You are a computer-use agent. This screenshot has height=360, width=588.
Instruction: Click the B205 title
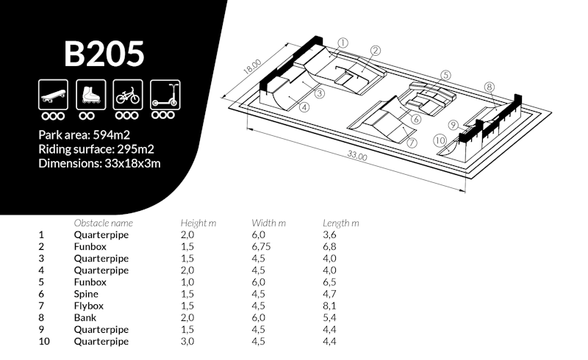(x=104, y=54)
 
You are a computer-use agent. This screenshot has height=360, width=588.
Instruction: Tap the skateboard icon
(x=53, y=95)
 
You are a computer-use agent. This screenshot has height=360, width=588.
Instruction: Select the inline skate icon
(x=90, y=95)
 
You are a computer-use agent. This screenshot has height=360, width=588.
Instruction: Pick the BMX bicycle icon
(x=128, y=95)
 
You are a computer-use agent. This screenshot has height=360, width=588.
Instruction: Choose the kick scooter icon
(x=165, y=95)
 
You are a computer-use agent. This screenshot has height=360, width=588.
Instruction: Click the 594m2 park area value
(x=112, y=135)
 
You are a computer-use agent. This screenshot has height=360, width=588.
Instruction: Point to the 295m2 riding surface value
(x=135, y=149)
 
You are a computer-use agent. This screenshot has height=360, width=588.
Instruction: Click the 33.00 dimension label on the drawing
(x=356, y=155)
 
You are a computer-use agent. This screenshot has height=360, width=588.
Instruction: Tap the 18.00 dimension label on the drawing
(x=252, y=68)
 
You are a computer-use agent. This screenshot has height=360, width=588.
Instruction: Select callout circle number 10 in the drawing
(x=440, y=140)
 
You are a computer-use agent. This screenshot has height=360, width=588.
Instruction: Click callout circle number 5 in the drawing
(x=445, y=76)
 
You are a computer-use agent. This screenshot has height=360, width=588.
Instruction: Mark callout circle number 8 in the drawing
(x=489, y=87)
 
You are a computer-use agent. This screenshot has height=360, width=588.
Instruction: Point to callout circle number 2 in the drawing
(x=376, y=51)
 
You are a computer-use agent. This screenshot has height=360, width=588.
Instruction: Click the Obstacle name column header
(x=104, y=223)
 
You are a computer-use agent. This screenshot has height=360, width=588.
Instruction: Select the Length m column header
(x=341, y=223)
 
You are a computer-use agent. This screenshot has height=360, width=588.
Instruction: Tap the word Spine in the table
(x=86, y=294)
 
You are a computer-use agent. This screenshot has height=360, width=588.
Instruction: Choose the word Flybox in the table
(x=88, y=306)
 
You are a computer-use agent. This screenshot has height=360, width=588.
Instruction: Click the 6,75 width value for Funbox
(x=261, y=247)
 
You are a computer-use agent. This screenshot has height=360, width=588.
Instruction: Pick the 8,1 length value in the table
(x=329, y=306)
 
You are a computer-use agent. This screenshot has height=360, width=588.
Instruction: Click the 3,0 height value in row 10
(x=187, y=342)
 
